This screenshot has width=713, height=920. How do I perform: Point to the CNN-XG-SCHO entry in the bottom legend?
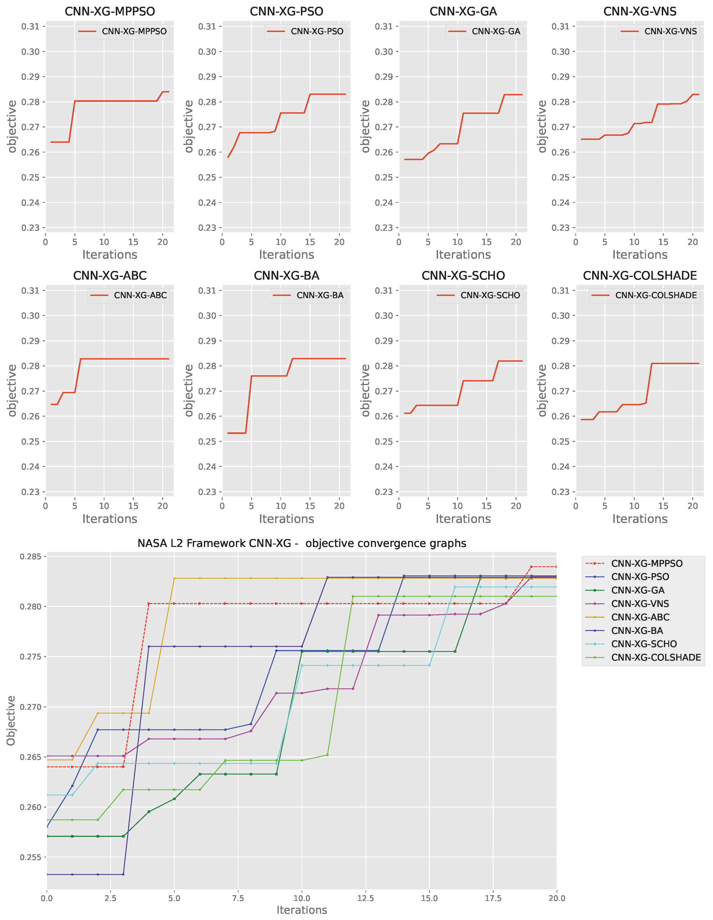(643, 644)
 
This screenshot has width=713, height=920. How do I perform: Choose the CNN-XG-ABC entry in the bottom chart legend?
(640, 617)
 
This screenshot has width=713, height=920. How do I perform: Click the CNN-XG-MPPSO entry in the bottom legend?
(647, 563)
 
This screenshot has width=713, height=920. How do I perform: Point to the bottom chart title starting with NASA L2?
(302, 543)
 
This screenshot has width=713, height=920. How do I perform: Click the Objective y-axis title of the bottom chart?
(11, 720)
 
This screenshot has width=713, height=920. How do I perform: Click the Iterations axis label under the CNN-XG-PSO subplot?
(286, 255)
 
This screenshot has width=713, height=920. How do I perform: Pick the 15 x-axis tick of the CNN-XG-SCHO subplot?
(486, 506)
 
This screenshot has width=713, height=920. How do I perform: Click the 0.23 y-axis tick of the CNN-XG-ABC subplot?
(30, 492)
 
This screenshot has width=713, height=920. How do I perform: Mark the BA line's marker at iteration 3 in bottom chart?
(123, 874)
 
